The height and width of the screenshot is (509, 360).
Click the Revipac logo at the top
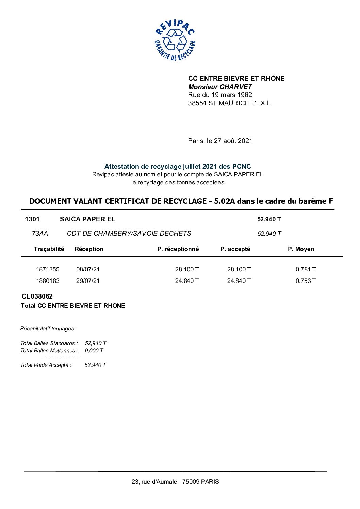tap(175, 40)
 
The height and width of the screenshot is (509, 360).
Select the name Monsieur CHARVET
tap(220, 87)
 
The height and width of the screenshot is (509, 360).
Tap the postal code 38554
tap(197, 103)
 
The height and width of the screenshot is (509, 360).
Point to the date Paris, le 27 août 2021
tap(220, 141)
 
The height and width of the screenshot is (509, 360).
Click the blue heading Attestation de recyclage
tap(177, 167)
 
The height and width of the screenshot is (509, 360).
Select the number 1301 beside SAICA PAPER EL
tap(32, 219)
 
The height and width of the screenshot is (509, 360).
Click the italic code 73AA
tap(40, 234)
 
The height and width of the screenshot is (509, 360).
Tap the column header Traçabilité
tap(49, 249)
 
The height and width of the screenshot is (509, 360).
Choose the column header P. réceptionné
tap(178, 249)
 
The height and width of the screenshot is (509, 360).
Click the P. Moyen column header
tap(301, 249)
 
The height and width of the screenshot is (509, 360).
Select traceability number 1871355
tap(48, 269)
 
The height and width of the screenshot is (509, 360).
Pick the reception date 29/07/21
tap(88, 281)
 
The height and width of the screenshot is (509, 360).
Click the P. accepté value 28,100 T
tap(239, 269)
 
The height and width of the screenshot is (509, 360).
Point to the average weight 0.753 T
tap(305, 281)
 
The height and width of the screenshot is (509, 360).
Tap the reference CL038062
tap(37, 296)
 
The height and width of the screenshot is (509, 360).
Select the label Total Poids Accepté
tap(46, 365)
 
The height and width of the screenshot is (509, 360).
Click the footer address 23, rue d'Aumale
tap(175, 482)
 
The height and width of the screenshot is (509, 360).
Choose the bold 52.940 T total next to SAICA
tap(269, 219)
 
